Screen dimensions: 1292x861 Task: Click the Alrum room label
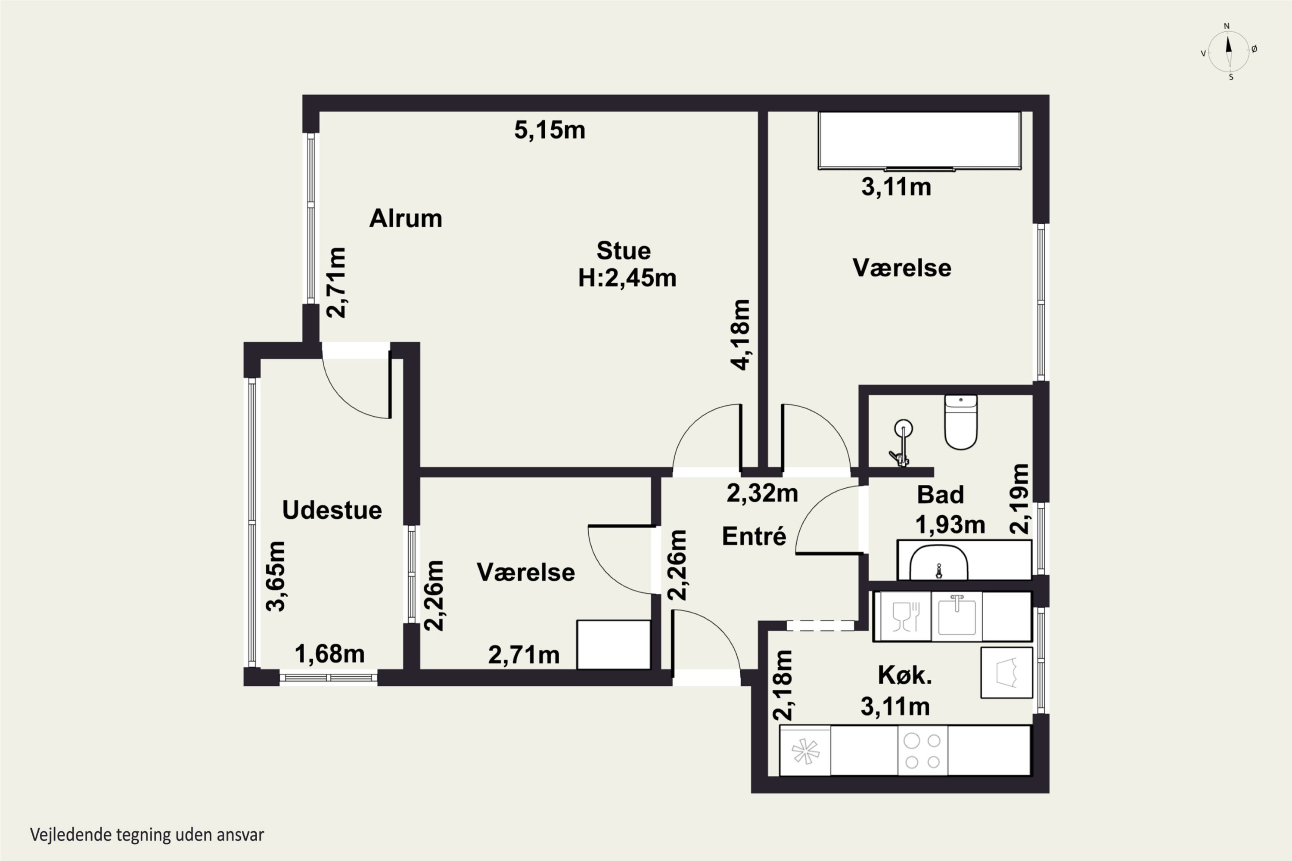405,219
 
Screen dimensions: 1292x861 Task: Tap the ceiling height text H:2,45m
627,279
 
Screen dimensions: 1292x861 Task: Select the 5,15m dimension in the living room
550,130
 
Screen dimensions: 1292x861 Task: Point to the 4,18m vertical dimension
740,335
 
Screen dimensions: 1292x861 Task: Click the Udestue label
332,510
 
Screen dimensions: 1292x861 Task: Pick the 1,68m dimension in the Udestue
329,654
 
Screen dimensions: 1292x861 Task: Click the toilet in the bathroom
961,422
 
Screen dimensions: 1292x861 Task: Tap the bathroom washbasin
939,562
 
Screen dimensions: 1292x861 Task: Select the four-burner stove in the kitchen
923,751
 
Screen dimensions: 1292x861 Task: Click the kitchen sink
957,616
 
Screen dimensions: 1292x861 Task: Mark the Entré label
754,536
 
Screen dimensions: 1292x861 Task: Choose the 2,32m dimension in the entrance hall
762,493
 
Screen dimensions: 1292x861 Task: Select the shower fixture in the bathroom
901,442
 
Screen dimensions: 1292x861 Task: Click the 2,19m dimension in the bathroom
1019,499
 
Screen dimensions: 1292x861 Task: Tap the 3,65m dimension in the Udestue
276,576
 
